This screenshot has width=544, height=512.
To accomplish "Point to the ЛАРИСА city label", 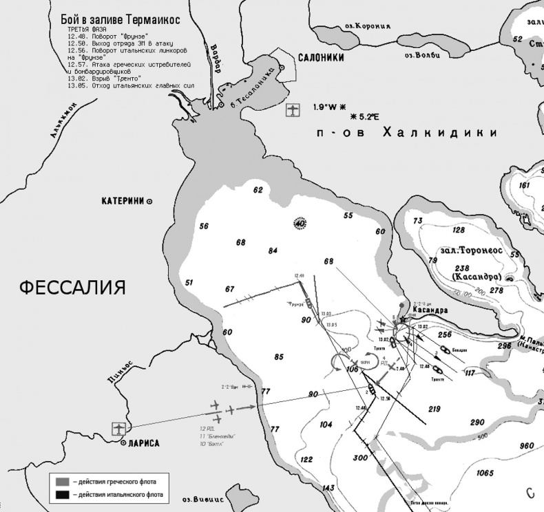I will pyautogui.click(x=144, y=444).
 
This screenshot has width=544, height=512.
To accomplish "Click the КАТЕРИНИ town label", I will pyautogui.click(x=123, y=201).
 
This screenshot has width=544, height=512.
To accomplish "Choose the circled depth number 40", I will pyautogui.click(x=300, y=224).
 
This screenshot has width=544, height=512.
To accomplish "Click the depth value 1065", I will pyautogui.click(x=485, y=473).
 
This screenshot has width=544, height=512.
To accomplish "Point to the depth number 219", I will pyautogui.click(x=435, y=409).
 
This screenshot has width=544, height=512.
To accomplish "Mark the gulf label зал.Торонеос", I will pyautogui.click(x=473, y=250).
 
